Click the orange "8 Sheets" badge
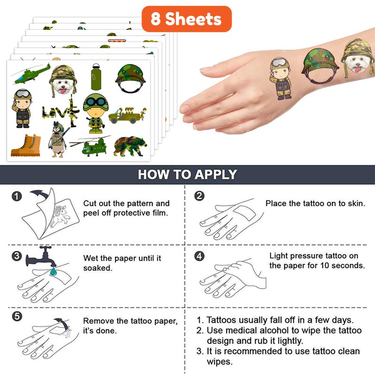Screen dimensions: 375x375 click(x=187, y=19)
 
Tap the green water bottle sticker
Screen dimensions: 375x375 click(x=96, y=77)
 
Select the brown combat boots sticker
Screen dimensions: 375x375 click(x=26, y=145)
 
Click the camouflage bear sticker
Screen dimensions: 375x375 click(x=130, y=146)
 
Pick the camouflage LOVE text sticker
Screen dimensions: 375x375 click(x=61, y=111)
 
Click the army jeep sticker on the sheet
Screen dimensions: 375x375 click(x=127, y=115)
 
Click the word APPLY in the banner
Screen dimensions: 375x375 click(x=216, y=174)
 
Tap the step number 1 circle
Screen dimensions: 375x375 click(x=17, y=196)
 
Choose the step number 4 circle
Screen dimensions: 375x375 click(x=199, y=256)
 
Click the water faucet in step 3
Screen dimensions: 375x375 click(x=41, y=256)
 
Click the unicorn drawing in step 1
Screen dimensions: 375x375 click(x=61, y=216)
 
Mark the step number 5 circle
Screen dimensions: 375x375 click(x=17, y=316)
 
